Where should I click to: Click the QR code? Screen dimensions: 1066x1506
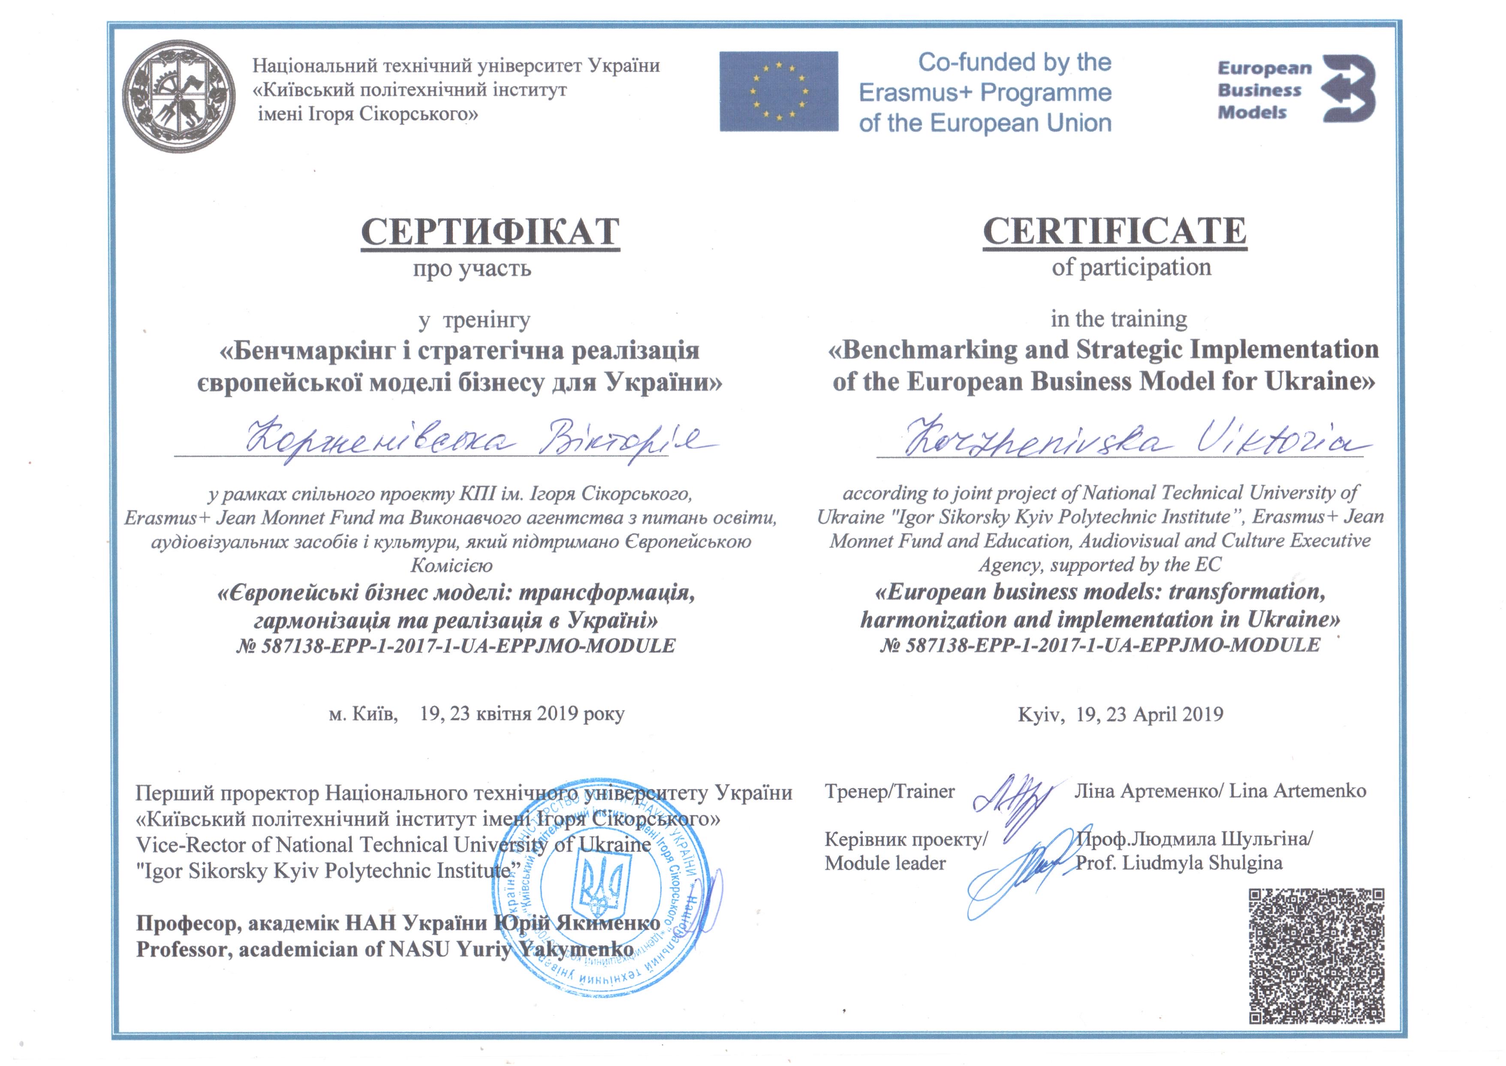(x=1316, y=964)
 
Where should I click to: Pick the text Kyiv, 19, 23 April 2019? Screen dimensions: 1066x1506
(x=1120, y=714)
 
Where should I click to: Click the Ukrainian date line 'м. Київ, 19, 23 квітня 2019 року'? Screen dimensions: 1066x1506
(x=476, y=714)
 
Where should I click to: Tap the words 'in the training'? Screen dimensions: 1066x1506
(x=1119, y=319)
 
